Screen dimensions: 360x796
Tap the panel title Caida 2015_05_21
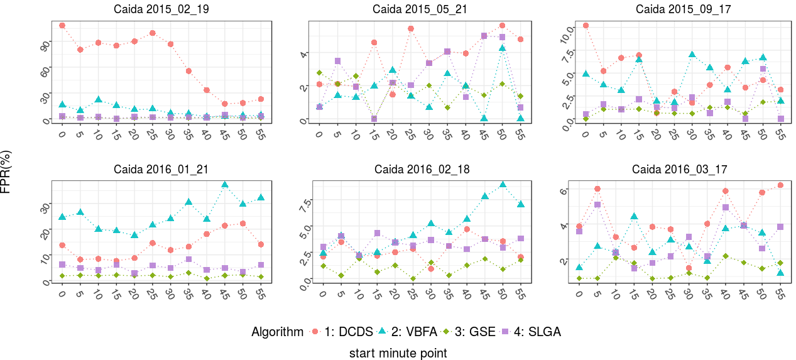tap(417, 9)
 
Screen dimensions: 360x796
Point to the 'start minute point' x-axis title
tap(398, 353)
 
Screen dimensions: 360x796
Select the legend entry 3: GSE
tap(474, 332)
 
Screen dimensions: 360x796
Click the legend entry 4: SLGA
tap(533, 332)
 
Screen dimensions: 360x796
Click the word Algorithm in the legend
tap(277, 332)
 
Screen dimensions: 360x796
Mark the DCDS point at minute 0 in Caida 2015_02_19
tap(62, 26)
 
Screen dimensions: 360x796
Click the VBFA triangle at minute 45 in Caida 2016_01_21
tap(225, 185)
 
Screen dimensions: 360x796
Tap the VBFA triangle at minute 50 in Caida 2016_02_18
tap(503, 185)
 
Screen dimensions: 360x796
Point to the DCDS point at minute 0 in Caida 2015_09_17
tap(586, 26)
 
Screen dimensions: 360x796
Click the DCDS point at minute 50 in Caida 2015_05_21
tap(502, 26)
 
